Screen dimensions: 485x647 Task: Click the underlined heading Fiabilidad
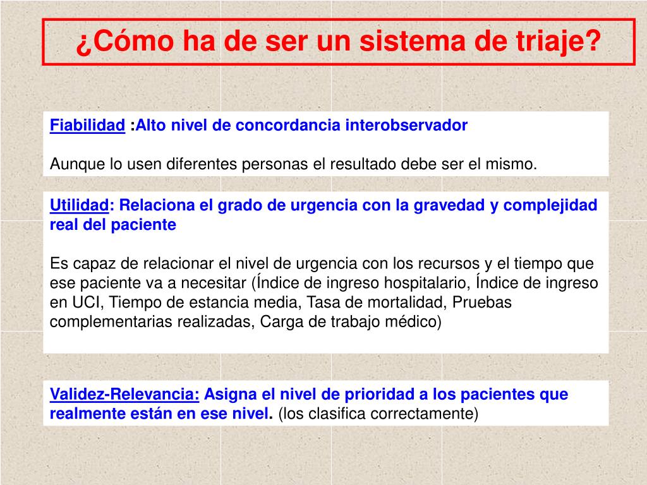[87, 125]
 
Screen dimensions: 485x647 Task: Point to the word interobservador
[406, 125]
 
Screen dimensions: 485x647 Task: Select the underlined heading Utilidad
[80, 205]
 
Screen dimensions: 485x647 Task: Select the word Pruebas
[482, 302]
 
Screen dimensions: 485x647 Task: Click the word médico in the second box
[414, 322]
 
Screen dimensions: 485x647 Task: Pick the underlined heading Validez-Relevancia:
[124, 395]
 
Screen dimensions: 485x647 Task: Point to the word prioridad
[375, 395]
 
